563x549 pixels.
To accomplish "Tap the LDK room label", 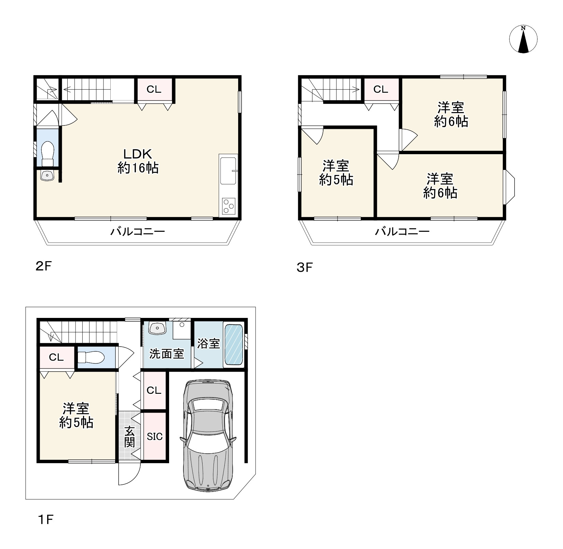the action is tap(138, 161).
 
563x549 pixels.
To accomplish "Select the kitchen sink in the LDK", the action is tap(229, 171).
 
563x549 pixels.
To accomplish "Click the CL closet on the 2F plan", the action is tap(154, 90).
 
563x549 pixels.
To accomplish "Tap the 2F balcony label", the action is tap(137, 232).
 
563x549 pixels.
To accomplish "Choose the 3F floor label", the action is tap(305, 267).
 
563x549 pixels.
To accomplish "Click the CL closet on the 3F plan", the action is tap(381, 90).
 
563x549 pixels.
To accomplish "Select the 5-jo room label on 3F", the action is tap(336, 173).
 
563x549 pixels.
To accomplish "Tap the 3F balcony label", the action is tap(402, 232).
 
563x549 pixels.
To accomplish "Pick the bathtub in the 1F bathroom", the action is tap(234, 345).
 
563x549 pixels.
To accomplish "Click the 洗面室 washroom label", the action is tap(167, 354).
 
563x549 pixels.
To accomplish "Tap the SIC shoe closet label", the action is tap(155, 436).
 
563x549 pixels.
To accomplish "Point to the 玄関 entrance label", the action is tap(130, 437).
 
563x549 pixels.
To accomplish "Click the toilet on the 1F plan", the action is tap(91, 358).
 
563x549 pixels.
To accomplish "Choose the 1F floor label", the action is tap(45, 520).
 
